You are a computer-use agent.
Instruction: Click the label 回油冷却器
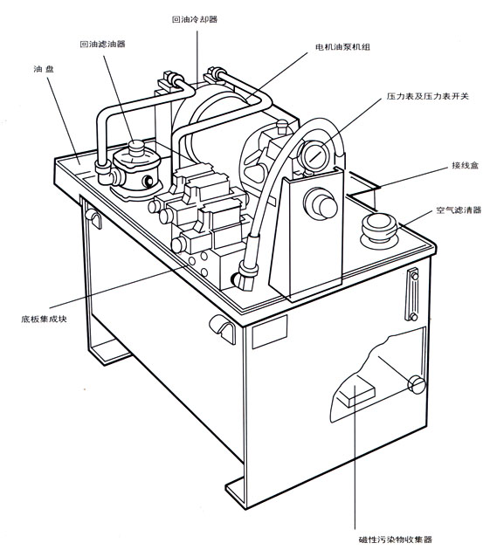(195, 19)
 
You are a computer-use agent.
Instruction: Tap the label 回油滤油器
(102, 45)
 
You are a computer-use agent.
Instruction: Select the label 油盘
(44, 69)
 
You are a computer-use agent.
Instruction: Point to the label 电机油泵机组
(342, 47)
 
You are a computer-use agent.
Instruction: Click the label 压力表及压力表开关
(428, 96)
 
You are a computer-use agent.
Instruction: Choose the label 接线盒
(465, 165)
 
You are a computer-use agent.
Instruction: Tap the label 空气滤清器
(459, 210)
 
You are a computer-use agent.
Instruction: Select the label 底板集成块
(44, 319)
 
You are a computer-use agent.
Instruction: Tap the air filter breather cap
(379, 228)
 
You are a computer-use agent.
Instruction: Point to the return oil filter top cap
(136, 148)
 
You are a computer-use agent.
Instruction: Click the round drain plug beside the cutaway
(417, 385)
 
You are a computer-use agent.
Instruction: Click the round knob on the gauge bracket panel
(321, 203)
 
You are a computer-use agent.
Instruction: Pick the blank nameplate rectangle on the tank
(270, 332)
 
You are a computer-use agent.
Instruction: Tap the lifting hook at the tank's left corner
(93, 218)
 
